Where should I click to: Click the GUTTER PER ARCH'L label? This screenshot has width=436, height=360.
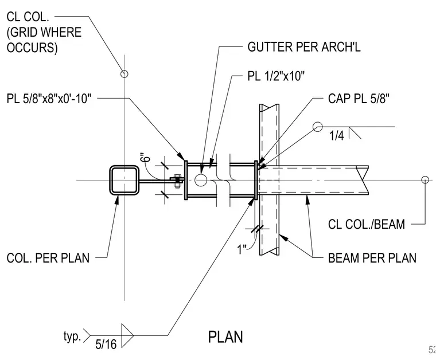(304, 47)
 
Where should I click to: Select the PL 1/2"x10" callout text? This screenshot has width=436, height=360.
(276, 76)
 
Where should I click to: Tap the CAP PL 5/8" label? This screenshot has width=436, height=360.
(359, 99)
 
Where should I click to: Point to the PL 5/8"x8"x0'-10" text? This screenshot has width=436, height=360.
(49, 99)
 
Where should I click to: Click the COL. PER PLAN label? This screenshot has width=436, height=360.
(48, 258)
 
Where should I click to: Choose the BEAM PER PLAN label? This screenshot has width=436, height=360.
(372, 258)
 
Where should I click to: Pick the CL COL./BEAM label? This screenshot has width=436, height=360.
(367, 225)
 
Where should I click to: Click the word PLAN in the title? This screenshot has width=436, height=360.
(225, 337)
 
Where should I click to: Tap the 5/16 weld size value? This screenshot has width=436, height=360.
(106, 345)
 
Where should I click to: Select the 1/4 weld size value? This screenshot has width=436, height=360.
(336, 135)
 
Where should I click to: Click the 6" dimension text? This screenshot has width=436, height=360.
(145, 158)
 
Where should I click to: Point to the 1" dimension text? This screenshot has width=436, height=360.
(242, 249)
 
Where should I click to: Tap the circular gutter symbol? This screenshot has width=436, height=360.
(201, 180)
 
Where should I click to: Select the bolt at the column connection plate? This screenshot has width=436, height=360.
(177, 181)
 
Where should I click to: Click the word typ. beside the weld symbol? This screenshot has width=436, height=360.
(72, 336)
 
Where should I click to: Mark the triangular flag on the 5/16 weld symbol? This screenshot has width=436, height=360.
(127, 335)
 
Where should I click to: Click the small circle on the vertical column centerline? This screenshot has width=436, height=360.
(124, 74)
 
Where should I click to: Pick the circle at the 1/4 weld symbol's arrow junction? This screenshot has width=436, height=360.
(318, 127)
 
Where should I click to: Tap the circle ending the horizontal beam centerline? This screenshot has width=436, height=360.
(425, 180)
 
